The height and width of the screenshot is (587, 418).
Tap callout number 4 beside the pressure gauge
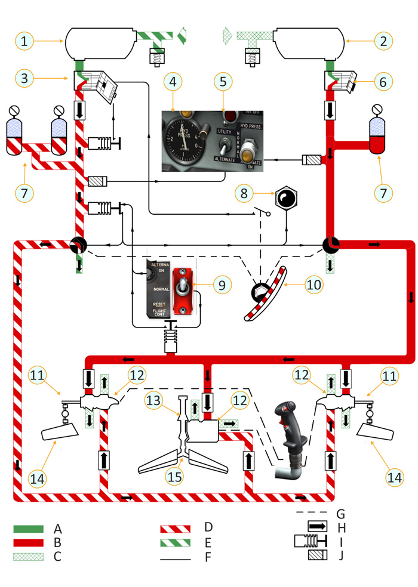tap(172, 80)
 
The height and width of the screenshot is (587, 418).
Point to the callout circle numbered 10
tap(312, 285)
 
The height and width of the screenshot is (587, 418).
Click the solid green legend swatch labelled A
tap(28, 529)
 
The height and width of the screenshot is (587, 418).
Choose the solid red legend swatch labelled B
tap(28, 542)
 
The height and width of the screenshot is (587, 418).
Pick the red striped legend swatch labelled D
tap(175, 529)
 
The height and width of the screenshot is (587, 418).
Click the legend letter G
tap(341, 513)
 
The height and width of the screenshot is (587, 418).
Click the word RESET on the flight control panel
tap(159, 303)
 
